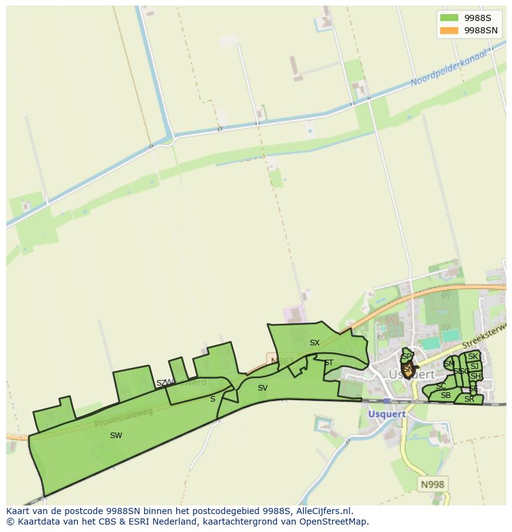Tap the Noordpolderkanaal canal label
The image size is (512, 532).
(x=450, y=69)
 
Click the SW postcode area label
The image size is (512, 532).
(x=116, y=436)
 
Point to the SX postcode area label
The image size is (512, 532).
(x=315, y=343)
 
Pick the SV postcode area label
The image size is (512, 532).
(x=263, y=388)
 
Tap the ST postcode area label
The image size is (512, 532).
(x=328, y=363)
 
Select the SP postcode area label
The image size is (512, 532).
(x=406, y=357)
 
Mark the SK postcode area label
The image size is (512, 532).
(x=473, y=357)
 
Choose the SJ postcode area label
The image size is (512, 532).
(x=474, y=366)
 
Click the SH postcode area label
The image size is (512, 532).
(x=475, y=376)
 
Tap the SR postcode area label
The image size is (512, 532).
(x=469, y=399)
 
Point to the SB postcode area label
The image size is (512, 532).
(x=445, y=395)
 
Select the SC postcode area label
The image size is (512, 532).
(x=441, y=386)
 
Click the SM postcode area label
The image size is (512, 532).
(x=449, y=365)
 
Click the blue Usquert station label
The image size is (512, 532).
(x=386, y=414)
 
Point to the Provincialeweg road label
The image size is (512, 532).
(x=124, y=418)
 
